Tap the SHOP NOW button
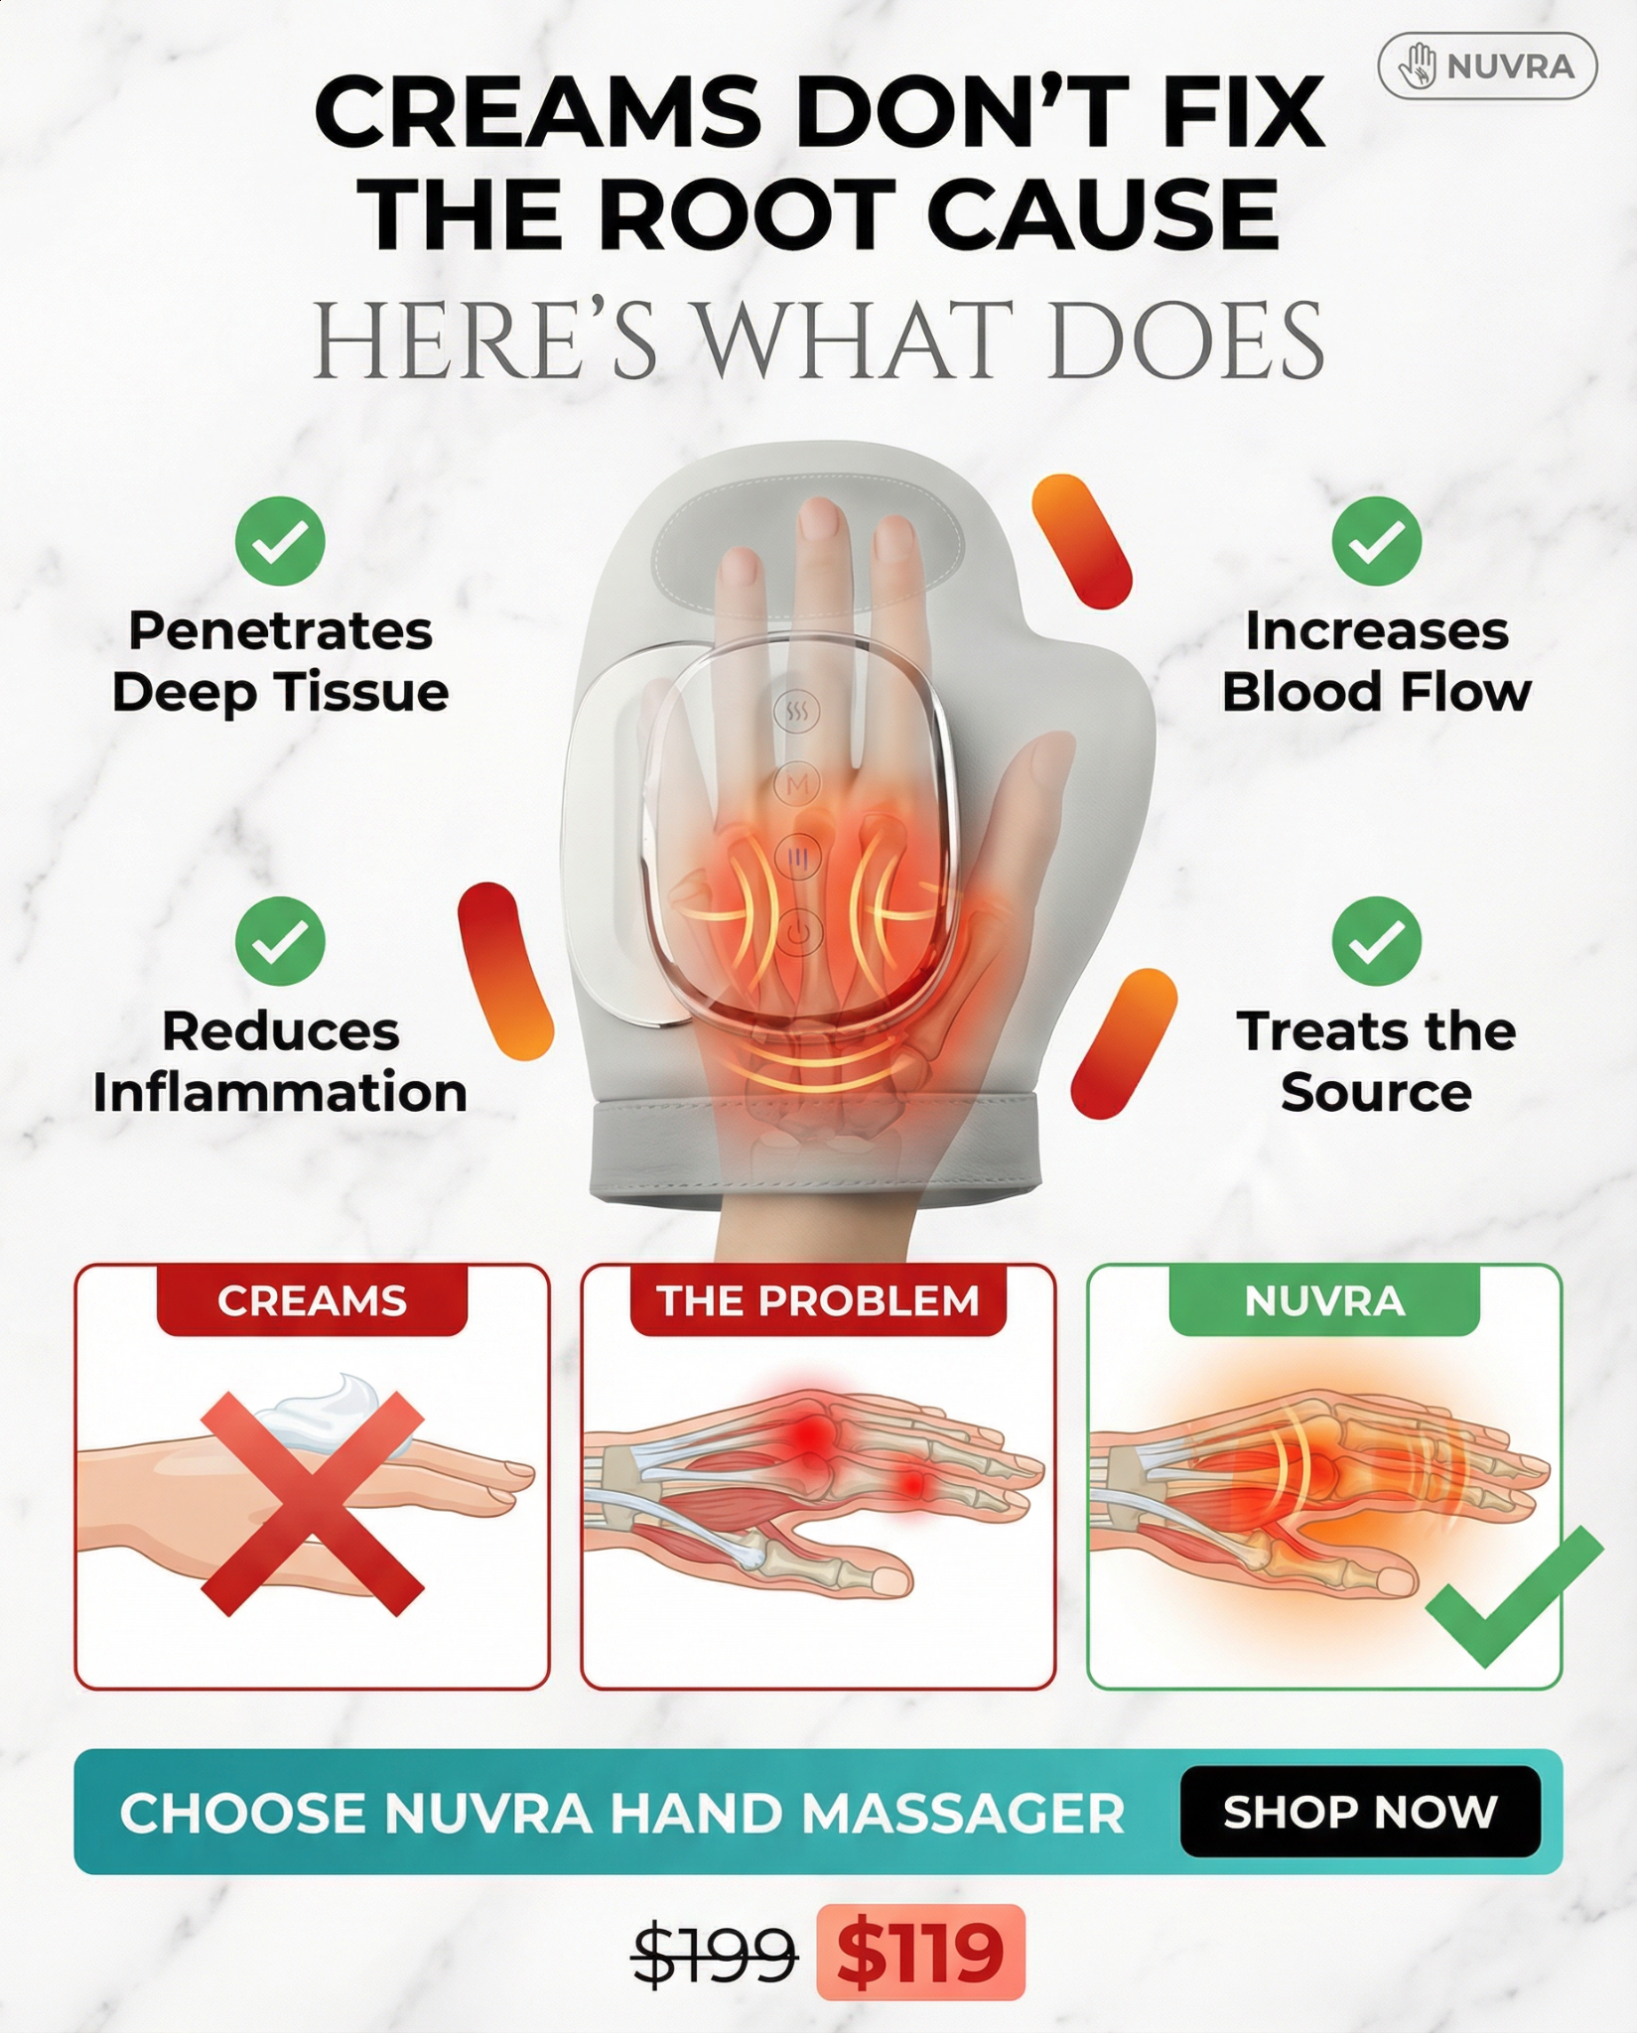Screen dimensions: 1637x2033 click(1360, 1812)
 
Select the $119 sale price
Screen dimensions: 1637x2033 click(920, 1952)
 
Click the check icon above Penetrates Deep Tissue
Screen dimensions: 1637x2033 click(280, 541)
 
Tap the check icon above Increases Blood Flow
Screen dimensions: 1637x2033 click(1377, 541)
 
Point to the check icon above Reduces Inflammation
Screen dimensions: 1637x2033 click(280, 941)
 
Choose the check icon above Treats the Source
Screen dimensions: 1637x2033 click(1377, 941)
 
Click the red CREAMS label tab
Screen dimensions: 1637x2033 click(312, 1300)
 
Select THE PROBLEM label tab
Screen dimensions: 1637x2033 click(818, 1300)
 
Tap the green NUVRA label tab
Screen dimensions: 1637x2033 click(1324, 1300)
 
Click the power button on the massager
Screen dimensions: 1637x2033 click(798, 934)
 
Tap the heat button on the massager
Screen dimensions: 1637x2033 click(798, 711)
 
